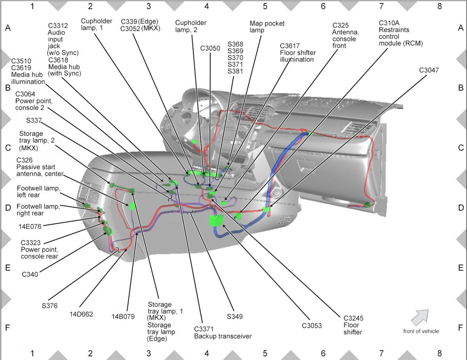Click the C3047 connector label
[x=429, y=70]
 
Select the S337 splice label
[x=34, y=121]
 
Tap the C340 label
[x=30, y=274]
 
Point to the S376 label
[x=49, y=306]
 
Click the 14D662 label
[x=81, y=314]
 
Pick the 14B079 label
[x=123, y=316]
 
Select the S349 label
[x=235, y=316]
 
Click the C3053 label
[x=312, y=325]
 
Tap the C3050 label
[x=210, y=49]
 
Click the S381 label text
[x=235, y=72]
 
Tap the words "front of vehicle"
[x=421, y=331]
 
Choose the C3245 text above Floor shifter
[x=353, y=318]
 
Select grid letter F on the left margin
[x=7, y=328]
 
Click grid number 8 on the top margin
[x=439, y=6]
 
